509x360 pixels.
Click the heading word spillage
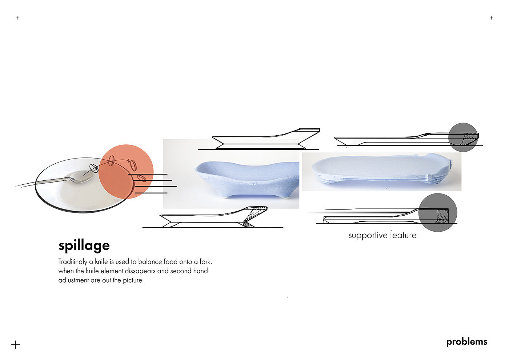click(84, 246)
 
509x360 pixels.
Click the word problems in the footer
click(466, 342)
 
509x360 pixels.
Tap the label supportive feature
click(382, 235)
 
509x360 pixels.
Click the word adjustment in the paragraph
click(73, 280)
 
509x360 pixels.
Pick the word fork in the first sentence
click(205, 261)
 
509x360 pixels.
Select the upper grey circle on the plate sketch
click(463, 137)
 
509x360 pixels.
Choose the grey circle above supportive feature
click(437, 213)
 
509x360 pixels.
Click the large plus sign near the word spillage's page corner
click(15, 345)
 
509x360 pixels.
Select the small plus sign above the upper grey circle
click(491, 18)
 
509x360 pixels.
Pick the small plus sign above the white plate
click(17, 18)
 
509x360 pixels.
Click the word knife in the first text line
click(101, 261)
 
